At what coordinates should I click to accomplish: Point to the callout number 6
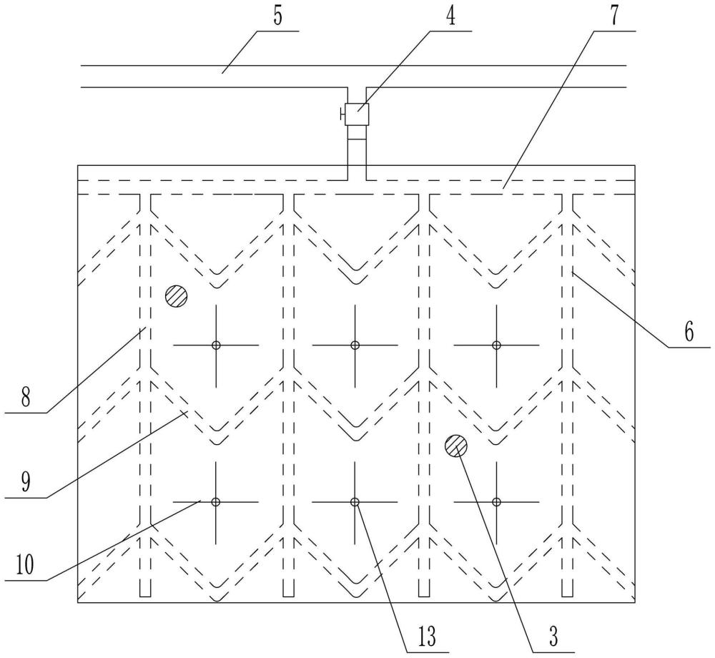pyautogui.click(x=689, y=332)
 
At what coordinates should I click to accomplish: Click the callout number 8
pyautogui.click(x=26, y=397)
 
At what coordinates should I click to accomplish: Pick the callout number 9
pyautogui.click(x=26, y=483)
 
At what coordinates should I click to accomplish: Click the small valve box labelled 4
pyautogui.click(x=357, y=114)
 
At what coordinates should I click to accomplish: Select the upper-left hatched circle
pyautogui.click(x=177, y=296)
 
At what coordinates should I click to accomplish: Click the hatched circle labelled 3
pyautogui.click(x=456, y=446)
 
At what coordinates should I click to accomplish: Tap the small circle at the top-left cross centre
pyautogui.click(x=216, y=345)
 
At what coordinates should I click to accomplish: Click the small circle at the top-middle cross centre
pyautogui.click(x=355, y=345)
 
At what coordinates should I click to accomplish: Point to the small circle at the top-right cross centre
pyautogui.click(x=497, y=345)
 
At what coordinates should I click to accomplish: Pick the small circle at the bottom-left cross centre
pyautogui.click(x=216, y=502)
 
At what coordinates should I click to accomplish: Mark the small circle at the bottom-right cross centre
pyautogui.click(x=497, y=502)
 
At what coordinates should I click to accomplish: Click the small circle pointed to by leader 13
pyautogui.click(x=355, y=502)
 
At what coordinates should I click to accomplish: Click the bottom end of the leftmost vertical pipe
pyautogui.click(x=145, y=596)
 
